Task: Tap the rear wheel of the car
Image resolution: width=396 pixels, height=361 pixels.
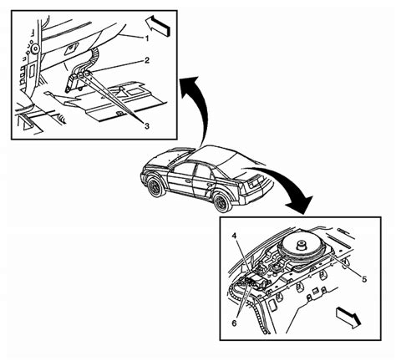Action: [220, 201]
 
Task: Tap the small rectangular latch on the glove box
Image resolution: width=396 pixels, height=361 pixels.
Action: [74, 48]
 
